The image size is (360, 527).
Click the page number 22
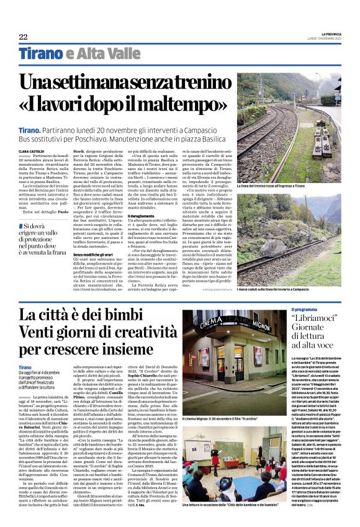(x=23, y=37)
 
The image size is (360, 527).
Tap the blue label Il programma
(x=305, y=309)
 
